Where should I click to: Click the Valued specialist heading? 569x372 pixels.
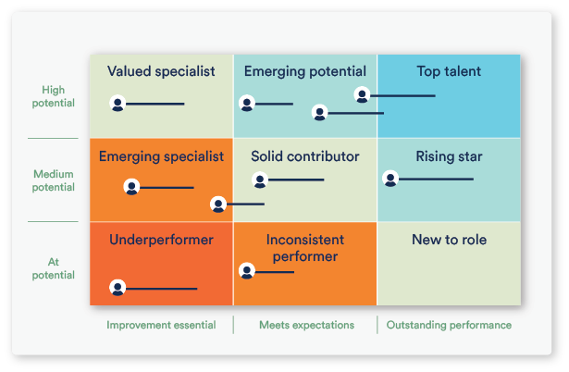point(161,71)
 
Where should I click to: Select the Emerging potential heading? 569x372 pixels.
point(304,71)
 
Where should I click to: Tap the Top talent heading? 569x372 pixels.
point(449,71)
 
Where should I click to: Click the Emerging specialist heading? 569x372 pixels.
point(161,156)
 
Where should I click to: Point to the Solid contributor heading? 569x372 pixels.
point(304,156)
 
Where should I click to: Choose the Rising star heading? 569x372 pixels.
point(449,156)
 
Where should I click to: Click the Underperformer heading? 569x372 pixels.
point(161,240)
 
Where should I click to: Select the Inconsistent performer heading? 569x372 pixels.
point(304,248)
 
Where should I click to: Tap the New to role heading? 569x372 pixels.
point(449,240)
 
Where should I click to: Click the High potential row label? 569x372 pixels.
point(54,97)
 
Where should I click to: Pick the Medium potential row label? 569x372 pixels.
point(54,180)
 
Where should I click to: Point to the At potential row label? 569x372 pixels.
point(54,268)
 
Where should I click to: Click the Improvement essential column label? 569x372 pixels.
point(161,325)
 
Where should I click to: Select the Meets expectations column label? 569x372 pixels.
point(306,325)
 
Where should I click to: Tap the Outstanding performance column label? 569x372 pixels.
point(449,325)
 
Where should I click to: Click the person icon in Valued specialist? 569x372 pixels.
point(118,104)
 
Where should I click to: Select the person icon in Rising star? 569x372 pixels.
point(390,179)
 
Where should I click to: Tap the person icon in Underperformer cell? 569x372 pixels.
point(118,288)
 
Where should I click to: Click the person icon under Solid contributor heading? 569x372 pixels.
point(260,180)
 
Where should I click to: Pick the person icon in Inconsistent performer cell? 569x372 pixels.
point(247,271)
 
